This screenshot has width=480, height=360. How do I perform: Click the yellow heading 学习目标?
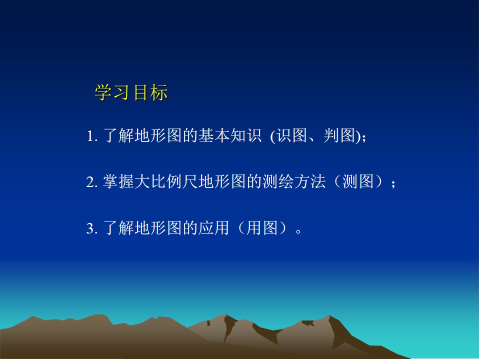(x=131, y=92)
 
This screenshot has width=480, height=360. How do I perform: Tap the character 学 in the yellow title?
(x=103, y=92)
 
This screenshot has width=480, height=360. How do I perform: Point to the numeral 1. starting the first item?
(x=92, y=136)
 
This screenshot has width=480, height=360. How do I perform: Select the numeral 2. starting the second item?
(x=92, y=182)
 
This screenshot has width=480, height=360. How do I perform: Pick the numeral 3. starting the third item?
(x=92, y=228)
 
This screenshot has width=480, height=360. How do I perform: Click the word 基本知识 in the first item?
(x=230, y=135)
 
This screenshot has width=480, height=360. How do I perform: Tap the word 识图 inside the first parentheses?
(x=292, y=135)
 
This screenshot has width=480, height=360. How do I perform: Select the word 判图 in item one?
(x=340, y=135)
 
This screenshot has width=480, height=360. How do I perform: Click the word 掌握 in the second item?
(x=118, y=181)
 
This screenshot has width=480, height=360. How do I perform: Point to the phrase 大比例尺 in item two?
(x=166, y=181)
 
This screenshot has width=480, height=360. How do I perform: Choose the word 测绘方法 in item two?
(x=294, y=181)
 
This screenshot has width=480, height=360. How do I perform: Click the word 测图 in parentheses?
(x=358, y=181)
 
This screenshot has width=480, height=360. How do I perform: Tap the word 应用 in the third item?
(x=213, y=228)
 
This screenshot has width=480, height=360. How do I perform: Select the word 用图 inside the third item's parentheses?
(x=262, y=228)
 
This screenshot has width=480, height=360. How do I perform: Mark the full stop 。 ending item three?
(x=299, y=231)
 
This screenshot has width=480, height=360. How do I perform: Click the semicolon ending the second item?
(x=393, y=183)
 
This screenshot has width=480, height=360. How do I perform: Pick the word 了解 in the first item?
(x=118, y=135)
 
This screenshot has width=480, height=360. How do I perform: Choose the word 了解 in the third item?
(x=118, y=228)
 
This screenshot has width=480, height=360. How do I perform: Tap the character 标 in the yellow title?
(x=159, y=92)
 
